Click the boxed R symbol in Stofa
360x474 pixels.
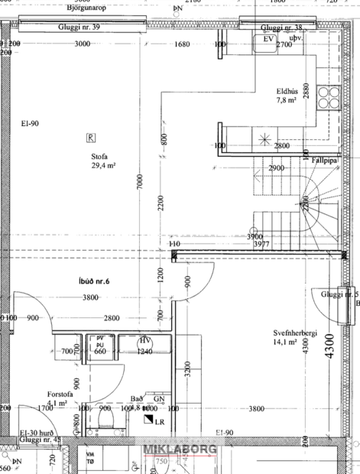tap(91, 138)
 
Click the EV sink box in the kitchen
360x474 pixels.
tap(268, 39)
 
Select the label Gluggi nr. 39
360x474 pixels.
tap(79, 26)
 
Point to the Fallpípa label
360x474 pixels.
tap(326, 160)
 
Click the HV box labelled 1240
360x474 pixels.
tap(144, 346)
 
